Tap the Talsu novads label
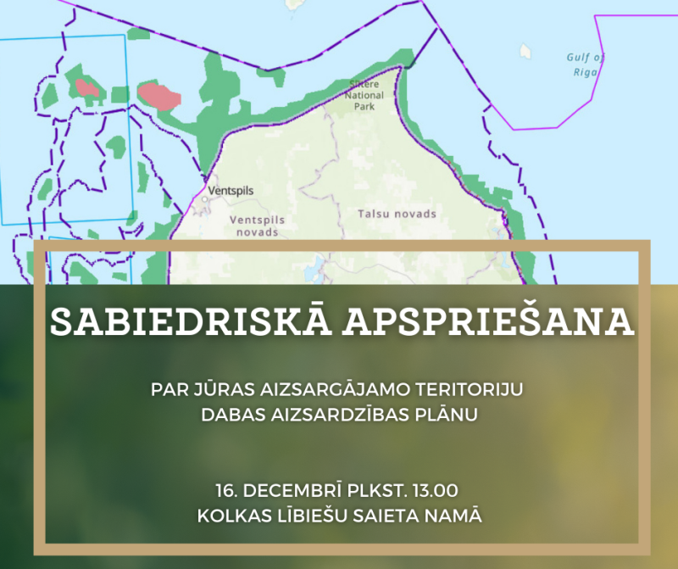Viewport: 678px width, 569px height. click(x=397, y=214)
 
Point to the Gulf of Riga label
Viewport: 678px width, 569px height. click(x=585, y=64)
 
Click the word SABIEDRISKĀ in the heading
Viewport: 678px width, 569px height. click(x=181, y=321)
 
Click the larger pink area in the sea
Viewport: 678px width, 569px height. click(x=159, y=95)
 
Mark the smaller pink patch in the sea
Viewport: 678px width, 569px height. click(x=87, y=86)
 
